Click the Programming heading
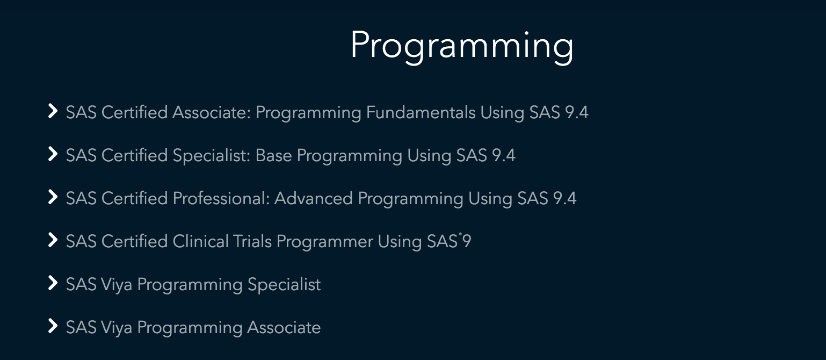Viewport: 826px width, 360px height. point(462,46)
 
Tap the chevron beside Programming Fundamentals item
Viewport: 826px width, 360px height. point(53,111)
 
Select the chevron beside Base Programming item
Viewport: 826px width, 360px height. point(53,154)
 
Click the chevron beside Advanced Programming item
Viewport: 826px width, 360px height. point(53,197)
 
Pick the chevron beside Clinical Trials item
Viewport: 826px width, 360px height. point(53,240)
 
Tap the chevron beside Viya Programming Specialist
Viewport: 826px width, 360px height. point(53,283)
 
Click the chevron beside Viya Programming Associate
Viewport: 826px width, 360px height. point(53,326)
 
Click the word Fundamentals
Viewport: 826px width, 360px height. point(421,112)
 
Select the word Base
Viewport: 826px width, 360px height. point(273,155)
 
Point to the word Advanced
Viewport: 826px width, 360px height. point(314,198)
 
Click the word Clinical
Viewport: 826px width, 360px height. point(201,242)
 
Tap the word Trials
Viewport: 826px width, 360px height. point(252,242)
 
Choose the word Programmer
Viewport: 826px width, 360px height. point(324,242)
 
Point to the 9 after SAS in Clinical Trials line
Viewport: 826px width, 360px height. point(467,242)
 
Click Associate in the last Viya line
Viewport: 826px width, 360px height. point(284,328)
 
